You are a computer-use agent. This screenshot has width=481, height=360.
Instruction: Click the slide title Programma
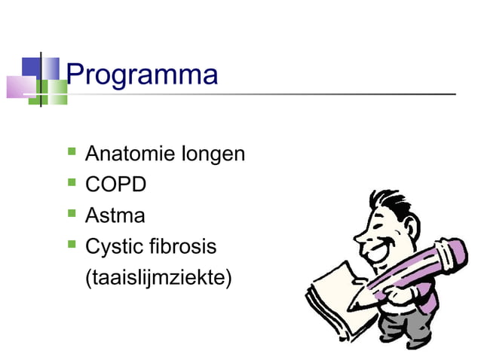tap(142, 75)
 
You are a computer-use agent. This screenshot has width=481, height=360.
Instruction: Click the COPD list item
tap(115, 185)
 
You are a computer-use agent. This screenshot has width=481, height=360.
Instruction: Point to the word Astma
tap(115, 216)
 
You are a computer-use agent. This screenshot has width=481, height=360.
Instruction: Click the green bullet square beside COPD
tap(72, 183)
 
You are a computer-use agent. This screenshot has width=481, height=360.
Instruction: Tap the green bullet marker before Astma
tap(72, 214)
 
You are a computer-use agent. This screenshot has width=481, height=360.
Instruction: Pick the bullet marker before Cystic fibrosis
tap(72, 245)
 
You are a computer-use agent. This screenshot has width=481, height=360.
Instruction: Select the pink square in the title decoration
tap(18, 87)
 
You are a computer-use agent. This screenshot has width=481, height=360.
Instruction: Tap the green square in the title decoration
tap(54, 92)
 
